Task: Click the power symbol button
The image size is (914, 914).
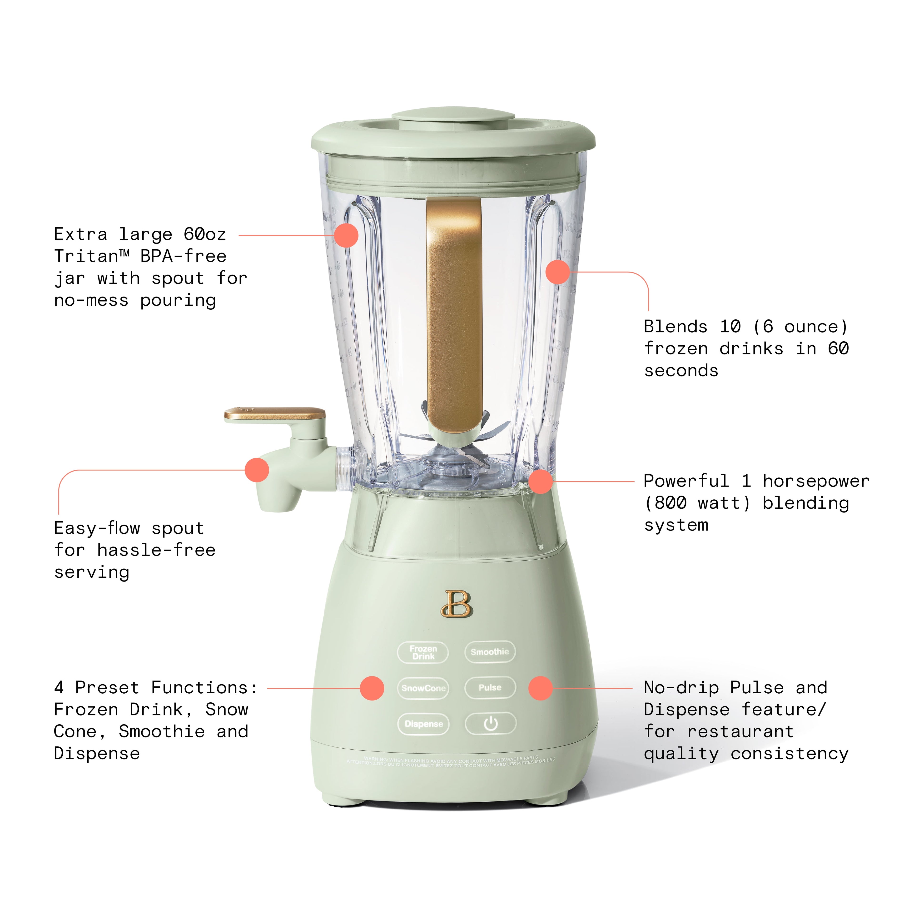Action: pyautogui.click(x=491, y=723)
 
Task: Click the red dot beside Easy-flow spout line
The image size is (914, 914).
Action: pyautogui.click(x=257, y=470)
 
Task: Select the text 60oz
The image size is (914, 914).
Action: pyautogui.click(x=205, y=234)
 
